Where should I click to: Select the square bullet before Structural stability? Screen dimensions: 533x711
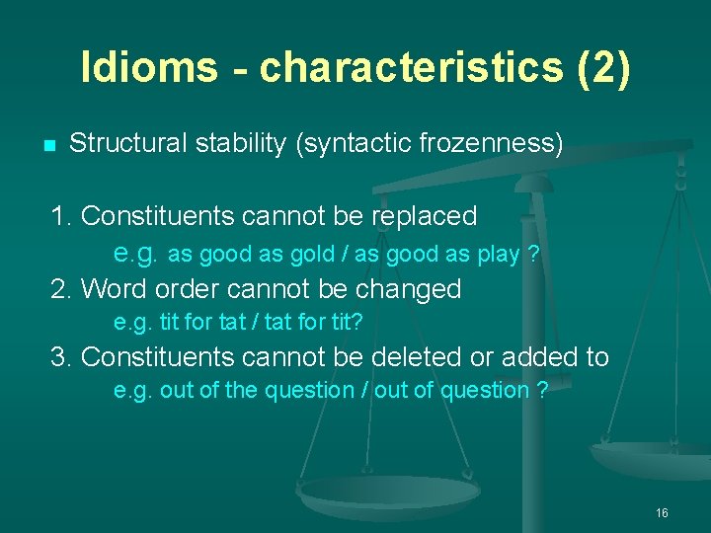pyautogui.click(x=48, y=146)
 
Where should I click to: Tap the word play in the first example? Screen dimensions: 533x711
pyautogui.click(x=497, y=255)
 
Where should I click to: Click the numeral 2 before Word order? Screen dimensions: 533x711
pyautogui.click(x=59, y=289)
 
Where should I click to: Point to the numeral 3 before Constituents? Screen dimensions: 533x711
pyautogui.click(x=59, y=356)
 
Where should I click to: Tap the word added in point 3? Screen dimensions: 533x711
pyautogui.click(x=552, y=356)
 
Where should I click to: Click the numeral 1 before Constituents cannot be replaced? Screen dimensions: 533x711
pyautogui.click(x=59, y=215)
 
